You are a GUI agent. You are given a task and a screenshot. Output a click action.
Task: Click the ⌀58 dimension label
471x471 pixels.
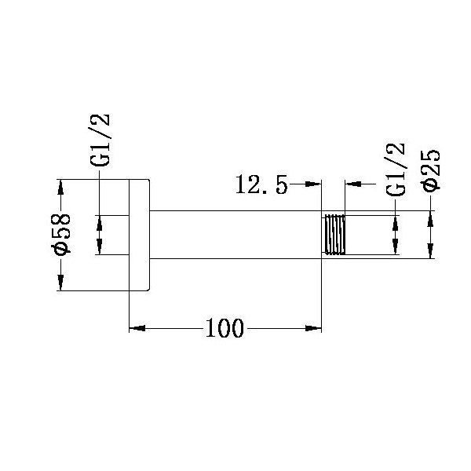click(x=62, y=234)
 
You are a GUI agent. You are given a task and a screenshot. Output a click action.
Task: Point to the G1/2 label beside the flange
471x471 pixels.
click(x=101, y=141)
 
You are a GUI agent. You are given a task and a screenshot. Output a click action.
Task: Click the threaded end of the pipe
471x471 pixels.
click(x=334, y=234)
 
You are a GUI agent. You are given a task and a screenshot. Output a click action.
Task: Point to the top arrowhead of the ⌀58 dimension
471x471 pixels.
click(x=61, y=185)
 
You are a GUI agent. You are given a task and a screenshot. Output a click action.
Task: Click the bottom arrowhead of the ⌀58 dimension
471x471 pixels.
click(x=61, y=284)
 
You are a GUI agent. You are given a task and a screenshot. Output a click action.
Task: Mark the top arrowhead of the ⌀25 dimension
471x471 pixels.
click(x=431, y=218)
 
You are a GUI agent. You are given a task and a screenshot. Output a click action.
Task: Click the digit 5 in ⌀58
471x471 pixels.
click(x=62, y=234)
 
